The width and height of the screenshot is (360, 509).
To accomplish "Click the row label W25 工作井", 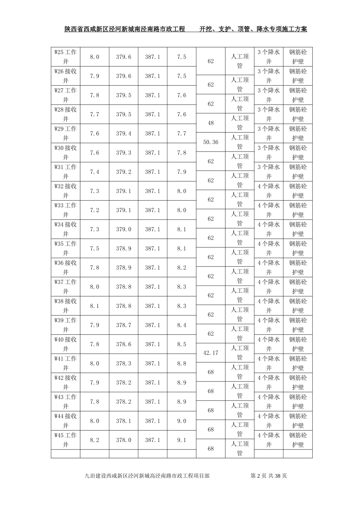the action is [x=66, y=56].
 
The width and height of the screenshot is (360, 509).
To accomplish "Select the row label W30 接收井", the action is [x=66, y=152].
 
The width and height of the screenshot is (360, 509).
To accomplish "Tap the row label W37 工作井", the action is [x=66, y=286].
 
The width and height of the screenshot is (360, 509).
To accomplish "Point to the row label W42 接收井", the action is [x=66, y=382].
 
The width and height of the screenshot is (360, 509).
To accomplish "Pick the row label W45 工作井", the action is [x=66, y=440].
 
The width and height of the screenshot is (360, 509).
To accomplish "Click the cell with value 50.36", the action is [x=211, y=142].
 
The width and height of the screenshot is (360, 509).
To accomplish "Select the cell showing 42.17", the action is [x=211, y=353].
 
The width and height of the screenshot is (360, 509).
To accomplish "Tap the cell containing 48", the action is [x=211, y=123].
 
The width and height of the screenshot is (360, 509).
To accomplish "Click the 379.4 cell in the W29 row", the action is [x=124, y=133].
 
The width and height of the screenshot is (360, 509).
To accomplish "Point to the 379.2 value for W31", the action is [x=124, y=172].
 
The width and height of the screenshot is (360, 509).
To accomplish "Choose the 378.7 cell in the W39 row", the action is [x=124, y=325].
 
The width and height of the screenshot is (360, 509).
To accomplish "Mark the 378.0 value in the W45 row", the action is [x=124, y=440].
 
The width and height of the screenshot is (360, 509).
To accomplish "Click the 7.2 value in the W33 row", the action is [x=94, y=210].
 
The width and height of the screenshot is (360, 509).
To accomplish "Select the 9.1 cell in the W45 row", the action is [x=182, y=440].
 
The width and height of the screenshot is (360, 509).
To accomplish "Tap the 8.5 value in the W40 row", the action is [x=182, y=344].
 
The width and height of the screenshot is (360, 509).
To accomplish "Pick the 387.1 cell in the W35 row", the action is [x=152, y=248].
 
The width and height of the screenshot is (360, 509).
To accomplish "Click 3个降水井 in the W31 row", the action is [x=269, y=172].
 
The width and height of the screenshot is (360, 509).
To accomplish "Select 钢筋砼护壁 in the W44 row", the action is [x=298, y=420].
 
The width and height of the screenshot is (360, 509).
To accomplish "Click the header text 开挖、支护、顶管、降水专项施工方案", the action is [x=253, y=29].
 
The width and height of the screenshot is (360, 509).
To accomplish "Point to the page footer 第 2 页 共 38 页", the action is [x=269, y=476].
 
